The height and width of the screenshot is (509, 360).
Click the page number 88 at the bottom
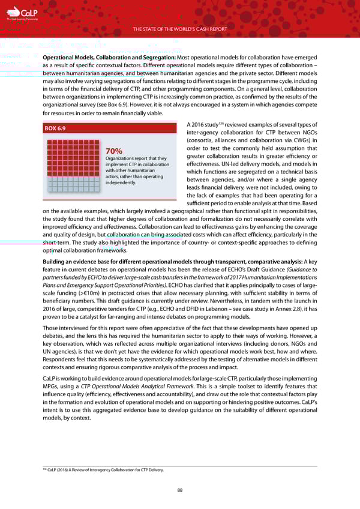179,490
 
